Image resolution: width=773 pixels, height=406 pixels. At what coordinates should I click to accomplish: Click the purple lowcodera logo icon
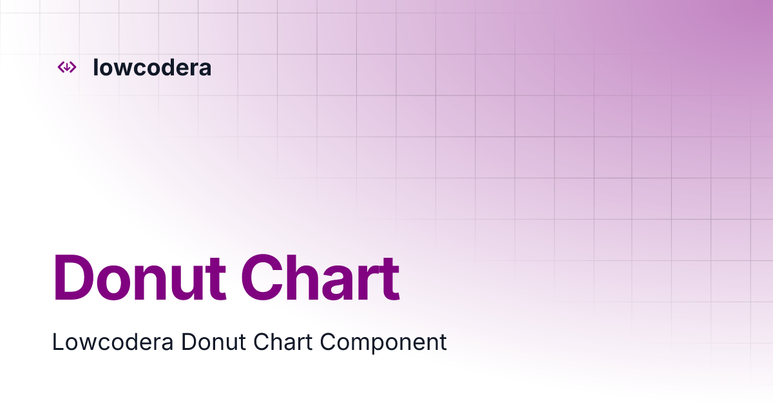point(67,67)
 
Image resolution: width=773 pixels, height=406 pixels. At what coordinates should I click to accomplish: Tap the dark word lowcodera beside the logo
point(152,67)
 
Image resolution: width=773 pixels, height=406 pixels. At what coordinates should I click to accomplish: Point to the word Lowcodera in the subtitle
point(113,342)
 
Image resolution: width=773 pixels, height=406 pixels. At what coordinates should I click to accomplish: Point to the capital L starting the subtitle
point(57,342)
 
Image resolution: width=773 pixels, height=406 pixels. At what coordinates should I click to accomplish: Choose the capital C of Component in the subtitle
point(328,342)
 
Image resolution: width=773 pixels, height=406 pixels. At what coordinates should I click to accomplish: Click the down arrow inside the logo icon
point(67,67)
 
